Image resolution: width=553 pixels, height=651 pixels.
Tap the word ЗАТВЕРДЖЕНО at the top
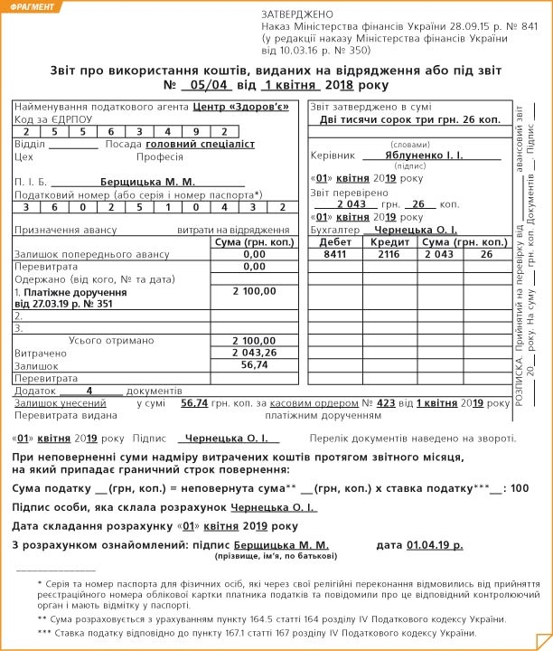pos(296,15)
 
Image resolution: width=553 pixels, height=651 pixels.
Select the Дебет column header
pos(335,242)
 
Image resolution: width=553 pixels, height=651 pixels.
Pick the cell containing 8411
pos(335,255)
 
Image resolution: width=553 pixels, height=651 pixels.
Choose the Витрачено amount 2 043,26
pos(248,352)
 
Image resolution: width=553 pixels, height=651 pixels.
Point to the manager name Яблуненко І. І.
pos(421,156)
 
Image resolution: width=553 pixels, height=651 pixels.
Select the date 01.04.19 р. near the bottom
pos(435,545)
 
